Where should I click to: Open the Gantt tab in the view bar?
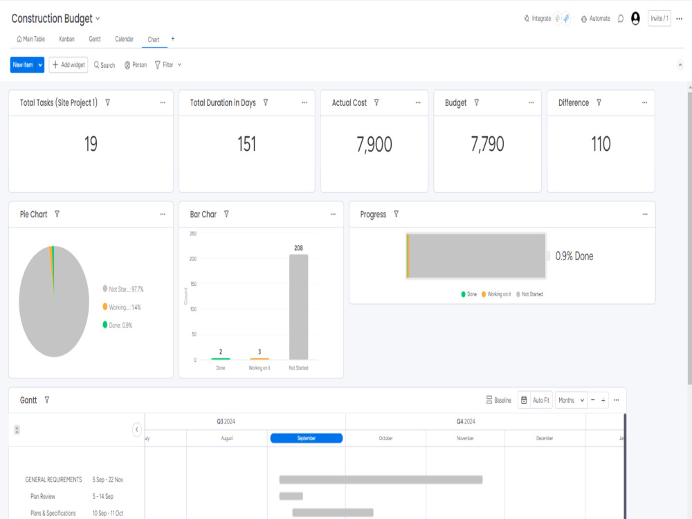[95, 39]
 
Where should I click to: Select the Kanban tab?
[66, 39]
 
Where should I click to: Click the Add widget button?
[69, 65]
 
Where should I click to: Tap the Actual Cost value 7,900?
[374, 145]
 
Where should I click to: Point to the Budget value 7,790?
[487, 145]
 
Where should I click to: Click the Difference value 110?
[601, 144]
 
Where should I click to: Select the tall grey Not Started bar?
[299, 307]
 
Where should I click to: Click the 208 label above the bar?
[299, 248]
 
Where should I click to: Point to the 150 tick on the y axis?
[193, 284]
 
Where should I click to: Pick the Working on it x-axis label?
[259, 368]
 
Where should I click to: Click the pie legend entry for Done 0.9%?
[118, 325]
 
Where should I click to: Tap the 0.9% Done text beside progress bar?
[574, 256]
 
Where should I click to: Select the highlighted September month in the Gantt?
[307, 438]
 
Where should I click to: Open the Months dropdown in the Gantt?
[571, 400]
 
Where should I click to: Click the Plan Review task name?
[43, 496]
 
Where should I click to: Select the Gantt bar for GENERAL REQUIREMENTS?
[381, 480]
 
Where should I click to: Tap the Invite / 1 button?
[659, 19]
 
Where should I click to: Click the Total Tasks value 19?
[91, 144]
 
